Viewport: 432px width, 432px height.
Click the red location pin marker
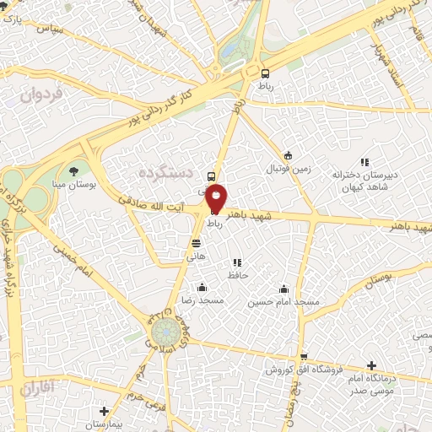216,197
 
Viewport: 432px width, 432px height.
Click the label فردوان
38,95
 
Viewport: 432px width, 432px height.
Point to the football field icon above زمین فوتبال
288,155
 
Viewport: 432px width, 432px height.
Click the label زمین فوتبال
289,168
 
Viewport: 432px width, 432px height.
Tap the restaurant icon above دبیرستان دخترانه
364,162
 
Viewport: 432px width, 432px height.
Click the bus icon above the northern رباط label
266,73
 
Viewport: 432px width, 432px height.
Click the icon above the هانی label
196,244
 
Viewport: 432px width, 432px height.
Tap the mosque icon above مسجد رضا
201,288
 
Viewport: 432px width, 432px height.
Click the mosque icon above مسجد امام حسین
284,288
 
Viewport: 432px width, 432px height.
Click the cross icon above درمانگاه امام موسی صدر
371,365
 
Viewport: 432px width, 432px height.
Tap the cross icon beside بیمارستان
103,411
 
